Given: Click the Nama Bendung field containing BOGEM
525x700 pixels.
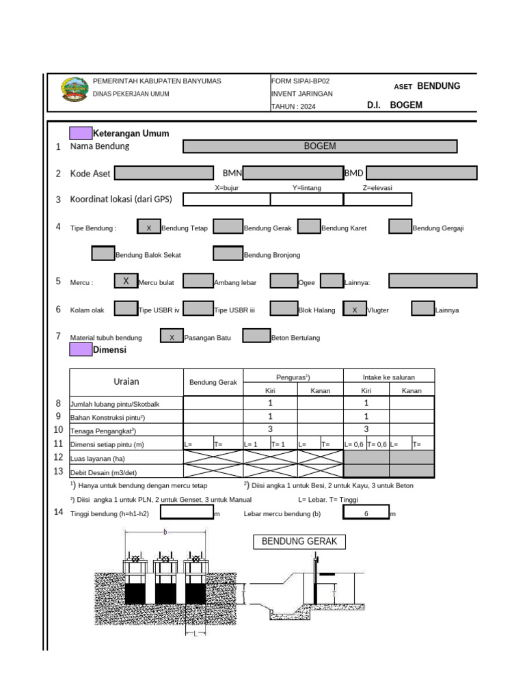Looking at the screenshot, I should [x=320, y=146].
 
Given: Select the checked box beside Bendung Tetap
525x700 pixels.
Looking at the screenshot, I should [x=148, y=228].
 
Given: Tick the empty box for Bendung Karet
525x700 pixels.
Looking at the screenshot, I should [x=310, y=228].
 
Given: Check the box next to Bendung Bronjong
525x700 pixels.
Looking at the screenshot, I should [x=228, y=254].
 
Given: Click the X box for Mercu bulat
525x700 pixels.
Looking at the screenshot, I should [x=126, y=281].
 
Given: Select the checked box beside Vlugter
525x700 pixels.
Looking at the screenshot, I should [x=354, y=310].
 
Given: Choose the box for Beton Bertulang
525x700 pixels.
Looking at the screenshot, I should [x=256, y=336].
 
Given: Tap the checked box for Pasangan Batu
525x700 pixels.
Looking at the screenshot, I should [x=172, y=336].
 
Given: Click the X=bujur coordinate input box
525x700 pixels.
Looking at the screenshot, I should [x=226, y=200].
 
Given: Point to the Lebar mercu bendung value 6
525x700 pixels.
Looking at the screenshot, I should [x=366, y=513].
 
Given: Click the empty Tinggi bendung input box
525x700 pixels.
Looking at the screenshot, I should [x=187, y=513].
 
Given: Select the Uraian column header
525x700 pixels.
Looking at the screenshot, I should [x=126, y=381].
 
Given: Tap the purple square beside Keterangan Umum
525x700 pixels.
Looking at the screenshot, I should [x=81, y=133].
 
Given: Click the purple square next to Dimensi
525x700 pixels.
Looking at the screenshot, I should [x=81, y=349].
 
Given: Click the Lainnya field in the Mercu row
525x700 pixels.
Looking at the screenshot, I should [x=433, y=281].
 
